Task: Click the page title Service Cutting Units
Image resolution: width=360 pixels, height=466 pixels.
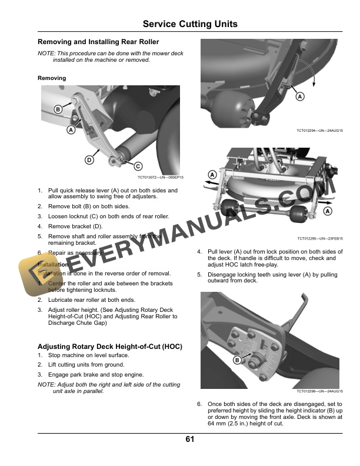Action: (191, 24)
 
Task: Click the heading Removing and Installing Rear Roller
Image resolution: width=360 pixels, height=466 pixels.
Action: (98, 42)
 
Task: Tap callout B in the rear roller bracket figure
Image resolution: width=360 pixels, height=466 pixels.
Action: (58, 109)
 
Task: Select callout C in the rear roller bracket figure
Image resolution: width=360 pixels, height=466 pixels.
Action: (138, 166)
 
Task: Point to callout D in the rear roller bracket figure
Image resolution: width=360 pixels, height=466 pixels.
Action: (89, 159)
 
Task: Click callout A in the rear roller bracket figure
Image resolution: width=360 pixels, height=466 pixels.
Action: (71, 129)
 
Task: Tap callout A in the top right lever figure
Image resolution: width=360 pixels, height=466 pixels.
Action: (299, 96)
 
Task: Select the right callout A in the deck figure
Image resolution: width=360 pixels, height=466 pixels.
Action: (327, 211)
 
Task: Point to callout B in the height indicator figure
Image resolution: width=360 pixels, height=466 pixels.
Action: (237, 360)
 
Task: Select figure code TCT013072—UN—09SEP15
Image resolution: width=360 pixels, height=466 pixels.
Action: (161, 177)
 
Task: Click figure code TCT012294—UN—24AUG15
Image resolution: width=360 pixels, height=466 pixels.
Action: (321, 131)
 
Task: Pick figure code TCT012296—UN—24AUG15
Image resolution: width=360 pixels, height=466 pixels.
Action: (321, 392)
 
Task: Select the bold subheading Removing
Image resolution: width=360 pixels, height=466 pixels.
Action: (52, 78)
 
